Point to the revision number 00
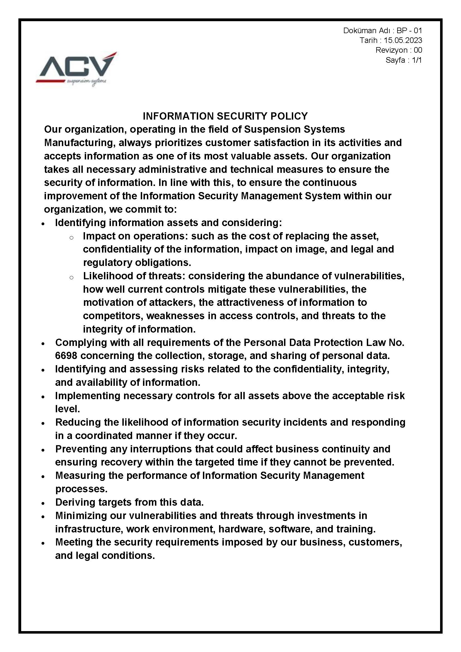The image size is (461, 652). coord(418,50)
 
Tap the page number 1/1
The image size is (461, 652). coord(417,60)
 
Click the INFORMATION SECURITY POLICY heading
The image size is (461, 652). coord(225,116)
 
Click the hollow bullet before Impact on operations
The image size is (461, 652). coord(72,237)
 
